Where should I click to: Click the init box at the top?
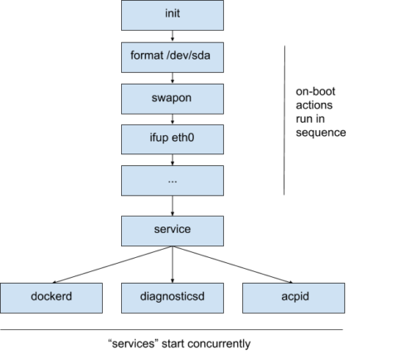172,15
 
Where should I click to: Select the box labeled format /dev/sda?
172,56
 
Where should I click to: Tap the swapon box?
172,98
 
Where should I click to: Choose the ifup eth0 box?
172,139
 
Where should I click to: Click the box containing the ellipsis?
172,181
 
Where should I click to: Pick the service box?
172,231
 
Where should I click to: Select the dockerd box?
51,297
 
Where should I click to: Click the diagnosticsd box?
172,297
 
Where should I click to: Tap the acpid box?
294,297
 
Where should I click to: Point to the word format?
148,56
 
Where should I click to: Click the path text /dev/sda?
190,56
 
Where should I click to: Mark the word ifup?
158,139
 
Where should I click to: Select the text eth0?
185,139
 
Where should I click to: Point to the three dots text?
172,181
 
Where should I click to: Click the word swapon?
172,98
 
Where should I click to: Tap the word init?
172,15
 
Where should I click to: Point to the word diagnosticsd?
172,297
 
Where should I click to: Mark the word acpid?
294,297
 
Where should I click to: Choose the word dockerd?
51,297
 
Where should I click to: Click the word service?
172,231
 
